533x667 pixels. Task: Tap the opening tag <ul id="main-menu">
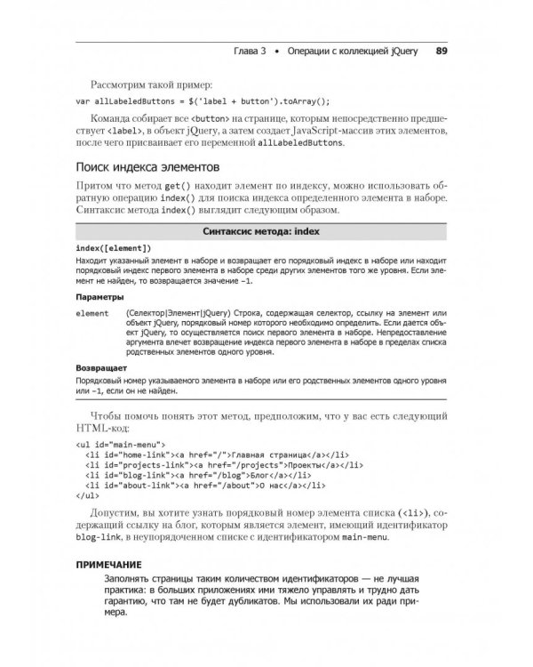click(x=120, y=442)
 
